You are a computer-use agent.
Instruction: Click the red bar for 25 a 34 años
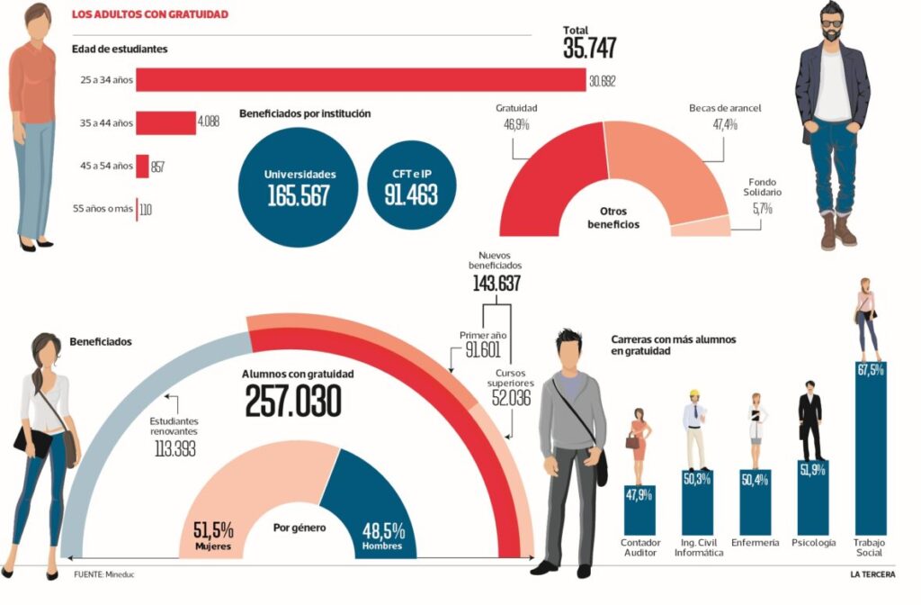[360, 81]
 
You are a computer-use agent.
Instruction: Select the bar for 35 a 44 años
[165, 122]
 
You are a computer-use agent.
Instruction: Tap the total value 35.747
[589, 48]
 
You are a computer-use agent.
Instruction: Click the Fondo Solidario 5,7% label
[762, 200]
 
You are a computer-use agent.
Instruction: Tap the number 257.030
[293, 402]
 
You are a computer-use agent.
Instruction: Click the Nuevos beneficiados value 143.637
[496, 285]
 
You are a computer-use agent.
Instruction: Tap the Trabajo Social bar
[870, 450]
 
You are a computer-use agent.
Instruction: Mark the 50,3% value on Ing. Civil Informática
[697, 479]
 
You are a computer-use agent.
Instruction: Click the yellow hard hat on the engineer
[693, 393]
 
